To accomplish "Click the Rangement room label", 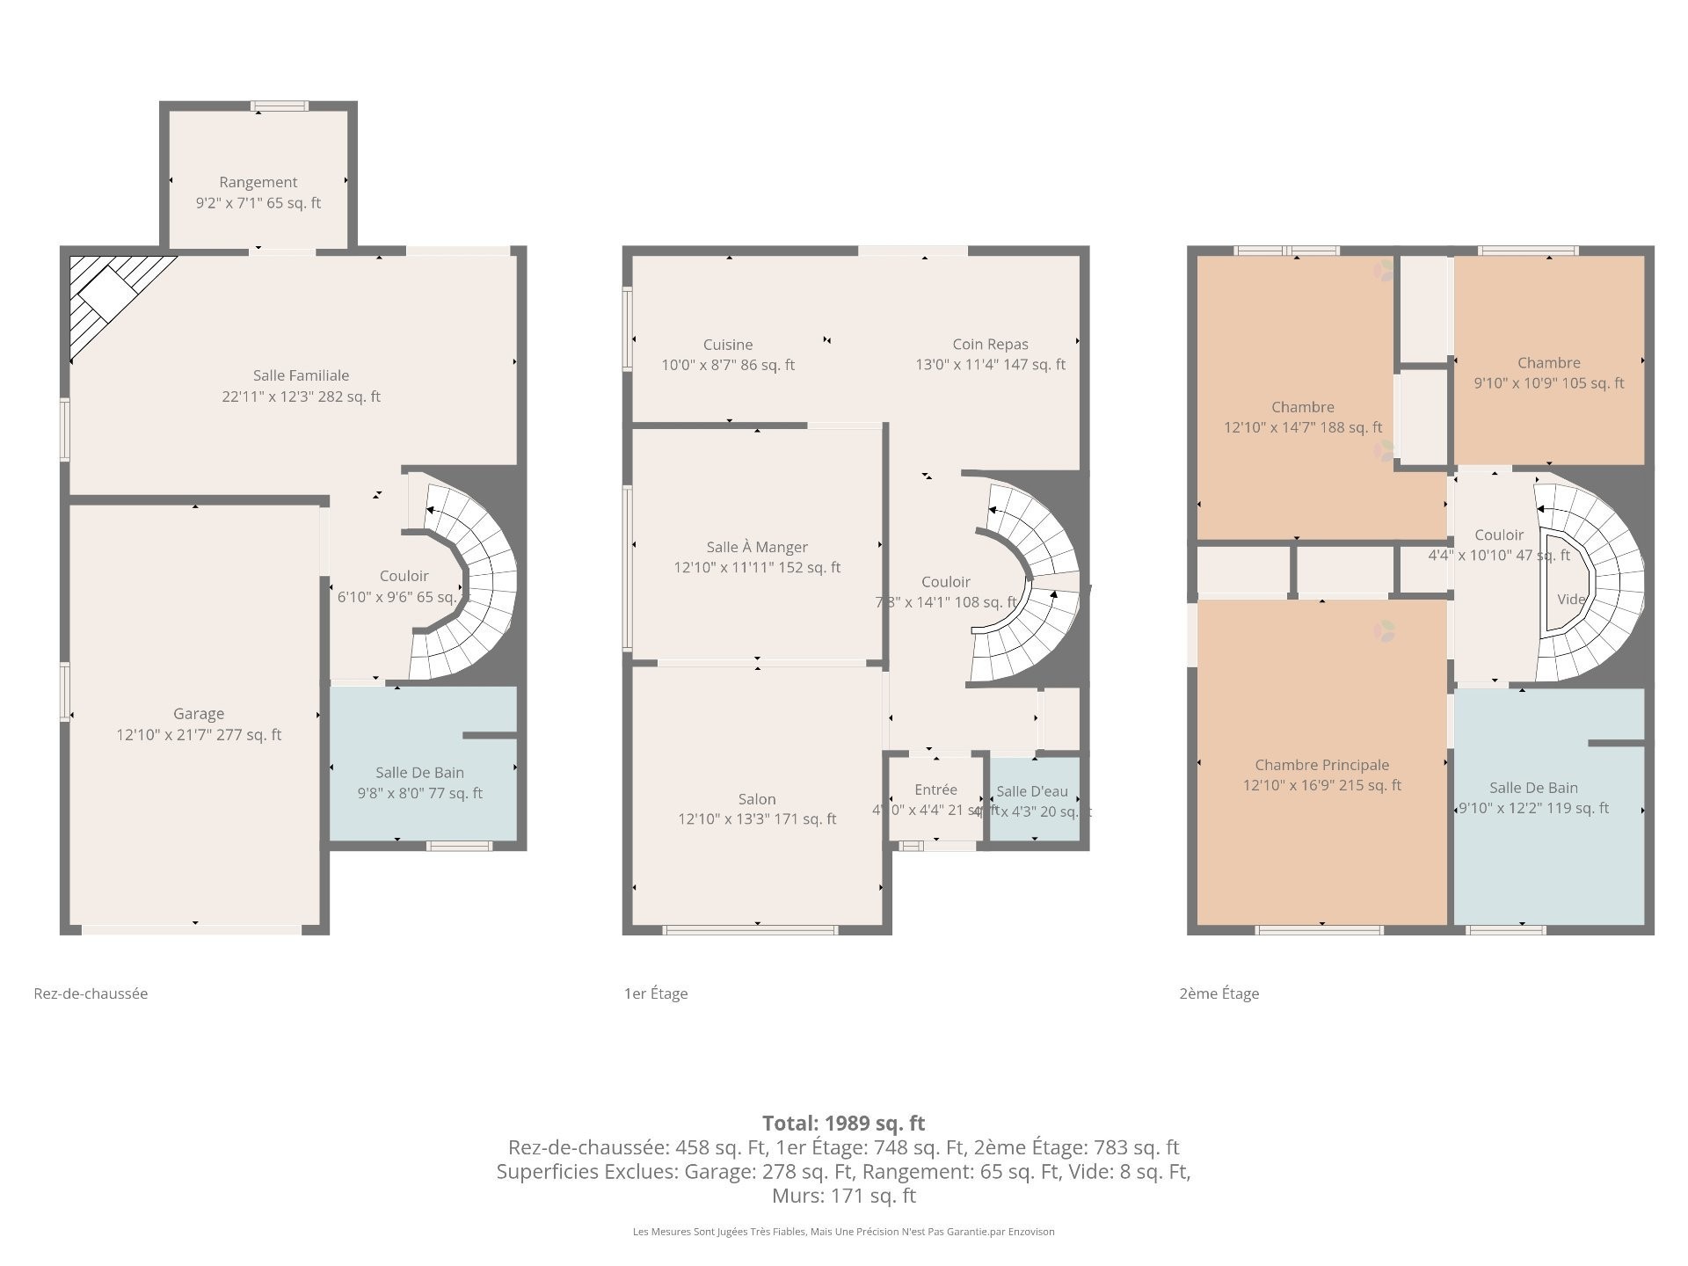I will click(258, 182).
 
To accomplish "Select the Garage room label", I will click(199, 714).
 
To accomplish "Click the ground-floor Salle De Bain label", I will click(419, 773).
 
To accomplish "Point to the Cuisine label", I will click(728, 345).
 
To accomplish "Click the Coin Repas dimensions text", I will click(990, 365).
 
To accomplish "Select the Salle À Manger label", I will click(757, 547).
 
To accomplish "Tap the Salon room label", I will click(757, 799).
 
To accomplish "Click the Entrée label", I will click(935, 789).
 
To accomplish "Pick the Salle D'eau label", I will click(1032, 791).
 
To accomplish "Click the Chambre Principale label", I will click(1321, 765).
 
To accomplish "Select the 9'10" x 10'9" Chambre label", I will click(1548, 363).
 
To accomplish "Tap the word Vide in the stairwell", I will click(1571, 600).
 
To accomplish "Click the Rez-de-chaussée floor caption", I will click(91, 993).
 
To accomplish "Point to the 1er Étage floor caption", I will click(656, 993).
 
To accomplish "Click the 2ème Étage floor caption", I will click(1219, 993).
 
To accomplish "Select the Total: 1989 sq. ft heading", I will click(843, 1123).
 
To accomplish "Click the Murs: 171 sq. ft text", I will click(843, 1196).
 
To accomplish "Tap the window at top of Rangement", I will click(280, 106).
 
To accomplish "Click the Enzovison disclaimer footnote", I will click(843, 1232).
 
